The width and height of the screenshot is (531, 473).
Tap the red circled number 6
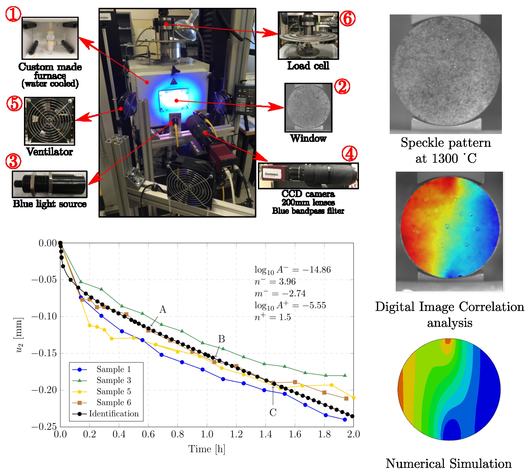click(348, 19)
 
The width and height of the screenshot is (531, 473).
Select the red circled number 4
click(349, 153)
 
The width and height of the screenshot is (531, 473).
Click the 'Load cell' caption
click(308, 65)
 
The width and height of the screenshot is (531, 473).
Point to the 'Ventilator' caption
click(49, 152)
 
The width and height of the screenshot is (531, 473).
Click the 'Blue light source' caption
click(50, 204)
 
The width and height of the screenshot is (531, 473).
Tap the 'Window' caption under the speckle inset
click(308, 138)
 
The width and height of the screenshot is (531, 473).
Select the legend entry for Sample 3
click(114, 380)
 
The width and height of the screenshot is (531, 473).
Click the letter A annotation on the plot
click(163, 309)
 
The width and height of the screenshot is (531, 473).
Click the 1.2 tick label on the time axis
click(236, 434)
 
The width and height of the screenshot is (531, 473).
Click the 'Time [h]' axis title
click(207, 449)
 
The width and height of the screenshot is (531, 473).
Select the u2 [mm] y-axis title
click(19, 335)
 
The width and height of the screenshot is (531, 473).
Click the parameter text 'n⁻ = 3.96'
click(275, 281)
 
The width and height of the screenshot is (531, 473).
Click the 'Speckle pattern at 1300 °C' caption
click(446, 151)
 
